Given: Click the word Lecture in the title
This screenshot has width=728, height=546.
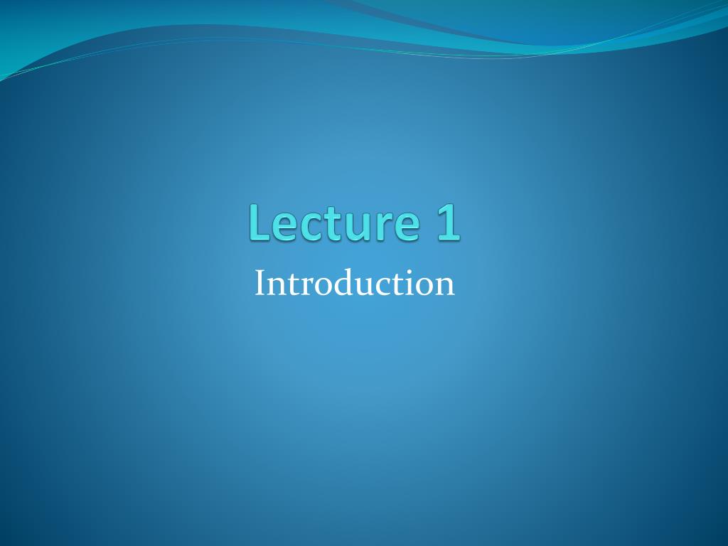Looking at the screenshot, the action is click(334, 223).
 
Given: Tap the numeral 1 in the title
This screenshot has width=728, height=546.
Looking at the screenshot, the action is click(449, 223).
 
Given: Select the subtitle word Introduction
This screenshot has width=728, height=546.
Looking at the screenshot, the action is click(354, 283).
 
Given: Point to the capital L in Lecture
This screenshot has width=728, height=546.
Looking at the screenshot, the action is click(259, 223).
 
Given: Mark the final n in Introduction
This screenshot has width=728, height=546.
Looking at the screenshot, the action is click(445, 287).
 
